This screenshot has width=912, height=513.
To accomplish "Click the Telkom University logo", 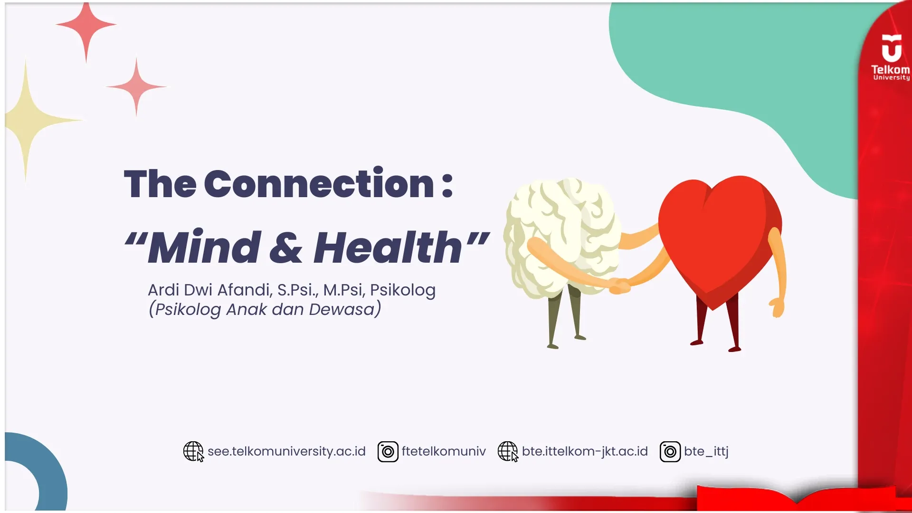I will coord(891,57).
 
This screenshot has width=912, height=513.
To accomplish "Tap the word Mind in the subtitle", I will coord(204,247).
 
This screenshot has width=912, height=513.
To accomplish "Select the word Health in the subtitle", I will coord(388,247).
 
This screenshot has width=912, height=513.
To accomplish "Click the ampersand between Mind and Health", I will coord(286,248).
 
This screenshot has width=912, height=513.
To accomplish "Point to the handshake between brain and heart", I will coord(619,285).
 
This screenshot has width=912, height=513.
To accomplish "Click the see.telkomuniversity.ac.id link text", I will coord(286,451).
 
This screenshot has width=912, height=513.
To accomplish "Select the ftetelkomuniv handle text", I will coord(444,451).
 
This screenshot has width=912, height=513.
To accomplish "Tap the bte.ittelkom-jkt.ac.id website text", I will coord(585,451).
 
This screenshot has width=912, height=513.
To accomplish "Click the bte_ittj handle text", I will coord(706,451).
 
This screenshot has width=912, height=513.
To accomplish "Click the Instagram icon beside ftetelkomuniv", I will coord(388,452).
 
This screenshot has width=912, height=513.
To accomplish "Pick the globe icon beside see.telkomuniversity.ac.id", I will coord(193,451).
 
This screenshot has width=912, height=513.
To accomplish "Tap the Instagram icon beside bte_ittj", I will coord(670,452).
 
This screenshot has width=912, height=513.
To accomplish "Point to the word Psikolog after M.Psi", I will coord(402,290).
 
